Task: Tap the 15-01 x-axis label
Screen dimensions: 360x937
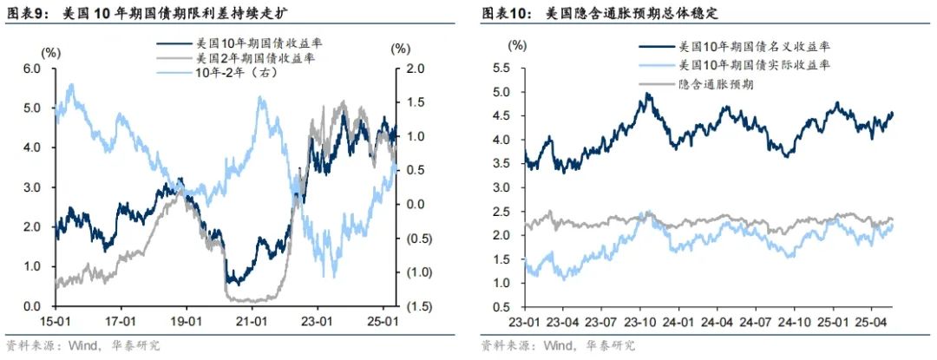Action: tap(55, 321)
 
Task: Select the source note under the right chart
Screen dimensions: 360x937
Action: tap(558, 345)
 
